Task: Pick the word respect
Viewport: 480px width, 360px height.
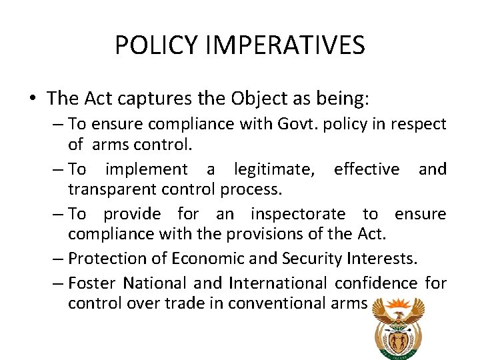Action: [421, 125]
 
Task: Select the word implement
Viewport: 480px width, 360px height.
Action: [147, 169]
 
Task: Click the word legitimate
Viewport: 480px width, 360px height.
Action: [275, 170]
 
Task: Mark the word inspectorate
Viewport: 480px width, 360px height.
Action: [298, 214]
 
